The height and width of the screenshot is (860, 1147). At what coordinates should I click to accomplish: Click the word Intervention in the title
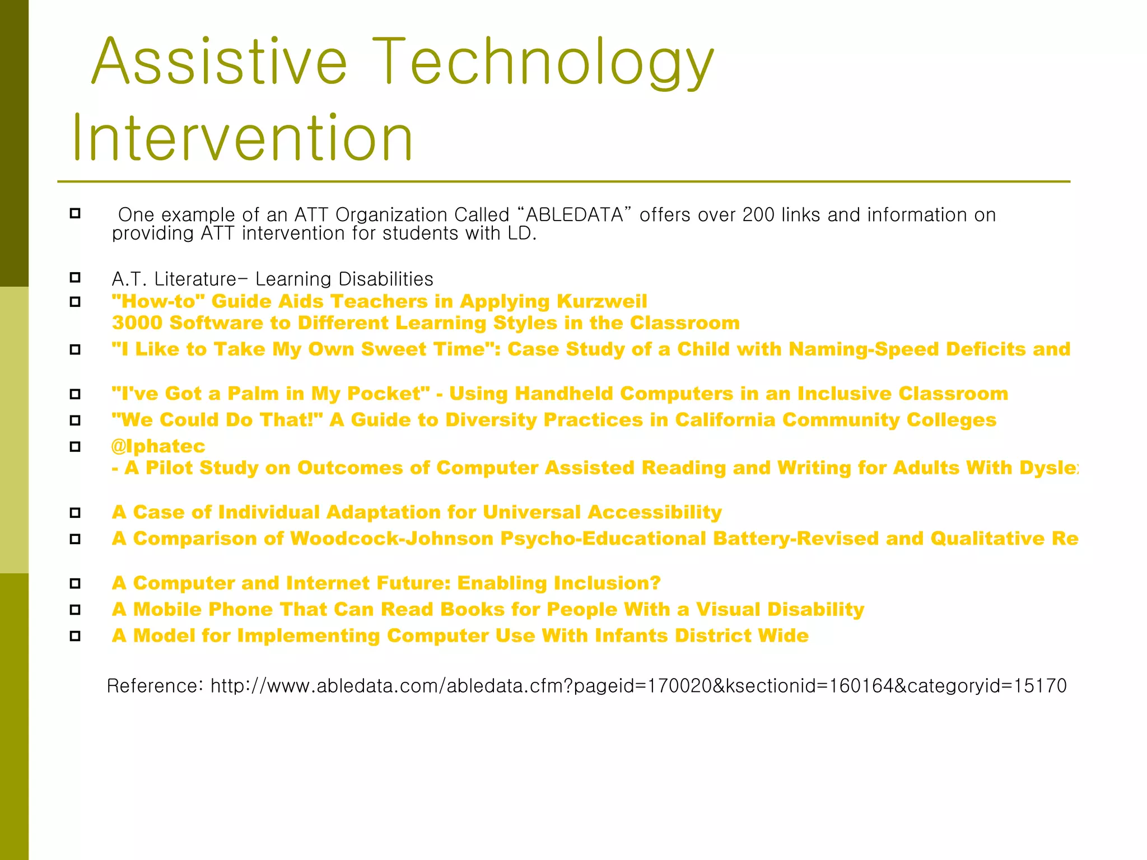click(242, 138)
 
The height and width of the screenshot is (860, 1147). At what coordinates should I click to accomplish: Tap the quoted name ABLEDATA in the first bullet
click(575, 215)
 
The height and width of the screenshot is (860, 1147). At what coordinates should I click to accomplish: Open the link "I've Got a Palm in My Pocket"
click(271, 394)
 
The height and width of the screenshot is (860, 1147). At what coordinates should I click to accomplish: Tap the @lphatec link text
click(158, 446)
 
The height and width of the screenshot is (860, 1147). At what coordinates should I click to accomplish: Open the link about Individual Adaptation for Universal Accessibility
click(417, 512)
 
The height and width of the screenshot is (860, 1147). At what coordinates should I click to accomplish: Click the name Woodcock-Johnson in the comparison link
click(392, 539)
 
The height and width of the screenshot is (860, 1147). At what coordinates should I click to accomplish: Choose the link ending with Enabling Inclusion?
click(386, 583)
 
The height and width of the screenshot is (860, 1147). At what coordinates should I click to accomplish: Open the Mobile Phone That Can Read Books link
click(487, 610)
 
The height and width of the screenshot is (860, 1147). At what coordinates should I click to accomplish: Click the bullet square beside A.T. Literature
click(75, 278)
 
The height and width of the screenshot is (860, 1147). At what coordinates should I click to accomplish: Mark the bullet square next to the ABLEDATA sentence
click(75, 213)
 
